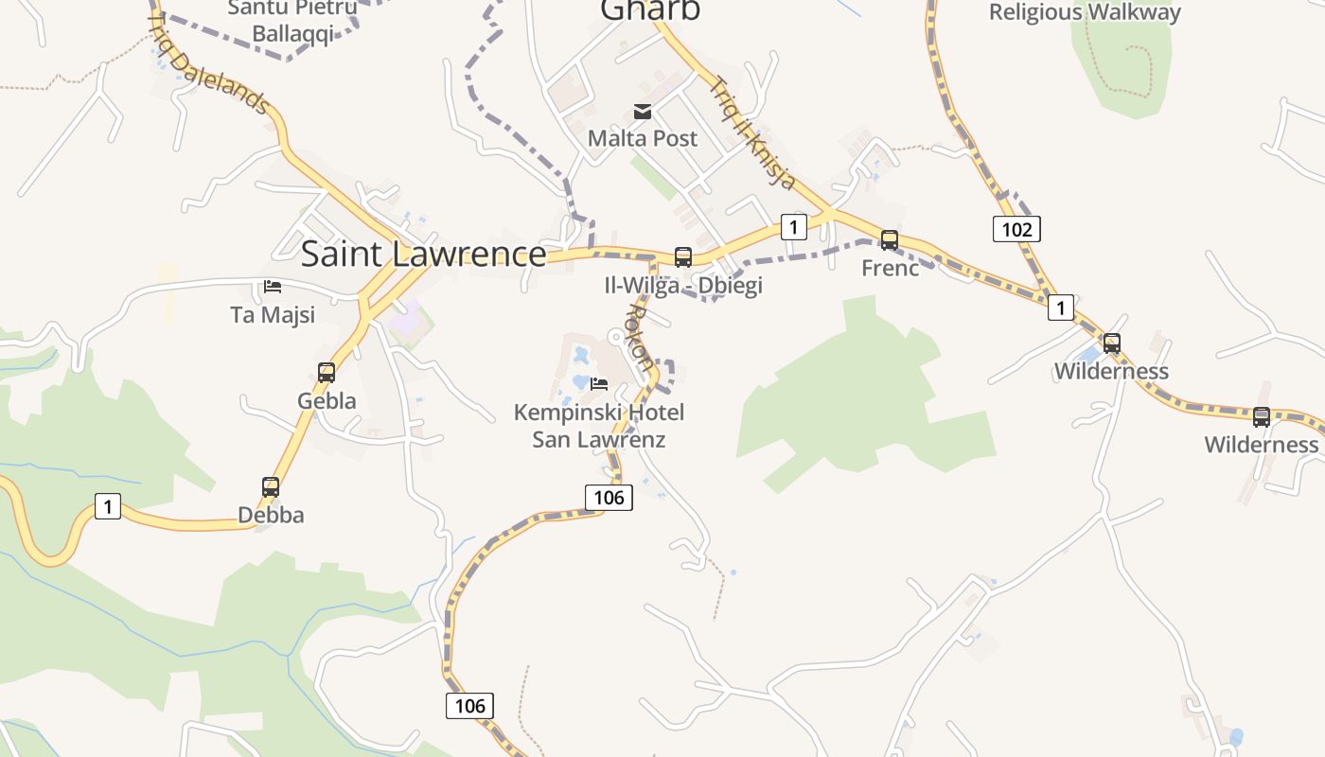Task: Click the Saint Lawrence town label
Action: (423, 254)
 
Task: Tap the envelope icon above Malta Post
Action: (643, 112)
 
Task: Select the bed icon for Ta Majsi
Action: (273, 286)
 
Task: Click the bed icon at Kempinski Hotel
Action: (599, 383)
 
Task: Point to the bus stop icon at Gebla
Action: (327, 372)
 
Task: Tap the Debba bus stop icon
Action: (271, 487)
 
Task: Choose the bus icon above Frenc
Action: (890, 239)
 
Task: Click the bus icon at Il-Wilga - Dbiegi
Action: (682, 256)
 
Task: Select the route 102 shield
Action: (1016, 229)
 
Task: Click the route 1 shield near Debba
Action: (108, 506)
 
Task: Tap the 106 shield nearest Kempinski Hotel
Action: (608, 497)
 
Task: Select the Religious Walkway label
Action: (1085, 12)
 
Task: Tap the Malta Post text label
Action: (643, 138)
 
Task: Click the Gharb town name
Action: (650, 9)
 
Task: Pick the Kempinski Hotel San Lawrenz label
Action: (599, 426)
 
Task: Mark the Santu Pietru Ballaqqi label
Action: (291, 21)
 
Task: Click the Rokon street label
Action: (641, 337)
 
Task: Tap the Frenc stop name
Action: (890, 268)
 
